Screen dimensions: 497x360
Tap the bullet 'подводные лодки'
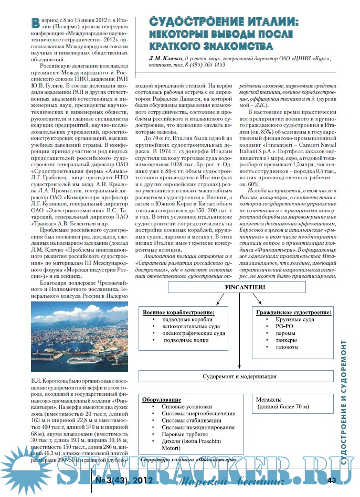[186, 341]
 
